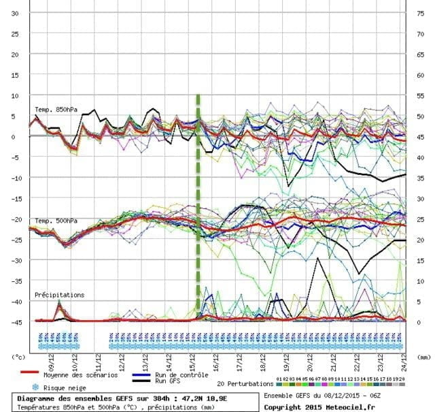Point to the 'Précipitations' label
(60, 295)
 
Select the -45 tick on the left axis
(13, 321)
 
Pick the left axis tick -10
(13, 178)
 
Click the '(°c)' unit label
(18, 356)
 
